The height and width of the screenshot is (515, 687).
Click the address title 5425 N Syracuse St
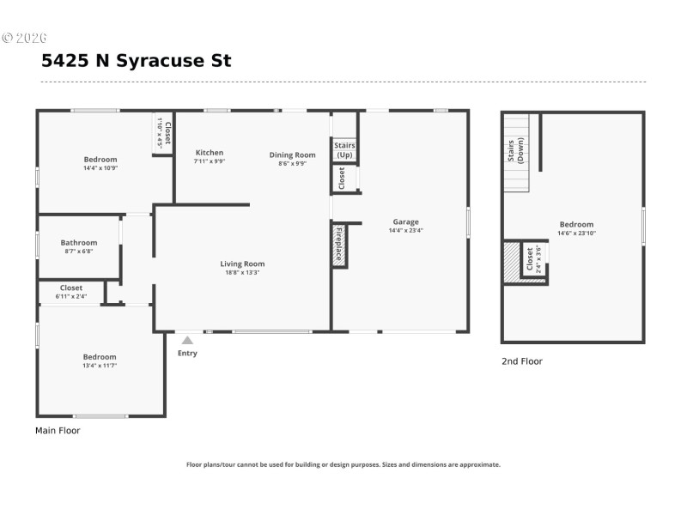click(x=136, y=61)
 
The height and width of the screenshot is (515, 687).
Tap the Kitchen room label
click(x=210, y=153)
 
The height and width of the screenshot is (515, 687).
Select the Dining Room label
click(x=292, y=154)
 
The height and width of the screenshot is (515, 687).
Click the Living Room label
click(x=242, y=264)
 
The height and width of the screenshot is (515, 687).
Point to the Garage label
click(x=405, y=221)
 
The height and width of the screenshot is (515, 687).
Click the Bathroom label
click(x=79, y=243)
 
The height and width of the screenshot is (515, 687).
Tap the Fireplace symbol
click(x=339, y=245)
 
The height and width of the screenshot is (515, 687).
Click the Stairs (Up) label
click(x=344, y=150)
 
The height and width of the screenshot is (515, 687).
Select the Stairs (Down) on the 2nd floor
click(x=515, y=152)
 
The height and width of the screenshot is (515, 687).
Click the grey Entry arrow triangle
click(x=187, y=341)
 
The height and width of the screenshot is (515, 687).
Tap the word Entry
click(x=187, y=353)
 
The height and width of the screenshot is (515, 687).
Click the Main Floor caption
click(x=58, y=430)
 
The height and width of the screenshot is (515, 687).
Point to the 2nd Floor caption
click(x=522, y=361)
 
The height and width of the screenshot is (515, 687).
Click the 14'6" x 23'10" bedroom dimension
click(x=576, y=233)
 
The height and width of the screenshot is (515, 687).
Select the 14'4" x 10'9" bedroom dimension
click(x=100, y=167)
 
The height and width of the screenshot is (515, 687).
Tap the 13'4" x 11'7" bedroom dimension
click(x=100, y=365)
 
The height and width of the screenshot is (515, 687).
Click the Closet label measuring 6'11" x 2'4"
click(x=71, y=288)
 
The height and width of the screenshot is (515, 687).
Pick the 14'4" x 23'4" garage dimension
click(x=405, y=230)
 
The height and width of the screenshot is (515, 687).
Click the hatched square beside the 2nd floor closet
click(x=512, y=261)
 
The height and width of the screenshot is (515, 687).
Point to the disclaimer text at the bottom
click(x=343, y=464)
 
